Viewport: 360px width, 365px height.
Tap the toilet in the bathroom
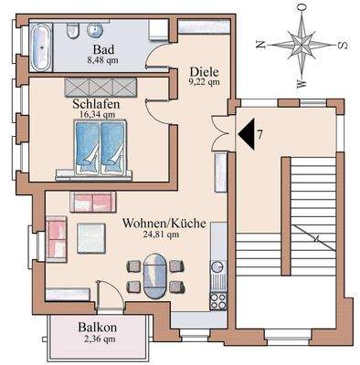(72, 32)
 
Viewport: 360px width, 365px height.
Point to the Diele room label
(204, 69)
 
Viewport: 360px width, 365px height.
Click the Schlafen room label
(95, 103)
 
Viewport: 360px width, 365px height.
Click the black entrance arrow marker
(245, 135)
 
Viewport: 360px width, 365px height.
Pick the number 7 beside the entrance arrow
(261, 136)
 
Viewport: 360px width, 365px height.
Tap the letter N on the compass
(260, 44)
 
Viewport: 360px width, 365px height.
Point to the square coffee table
(90, 238)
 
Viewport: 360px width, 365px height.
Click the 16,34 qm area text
(95, 115)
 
